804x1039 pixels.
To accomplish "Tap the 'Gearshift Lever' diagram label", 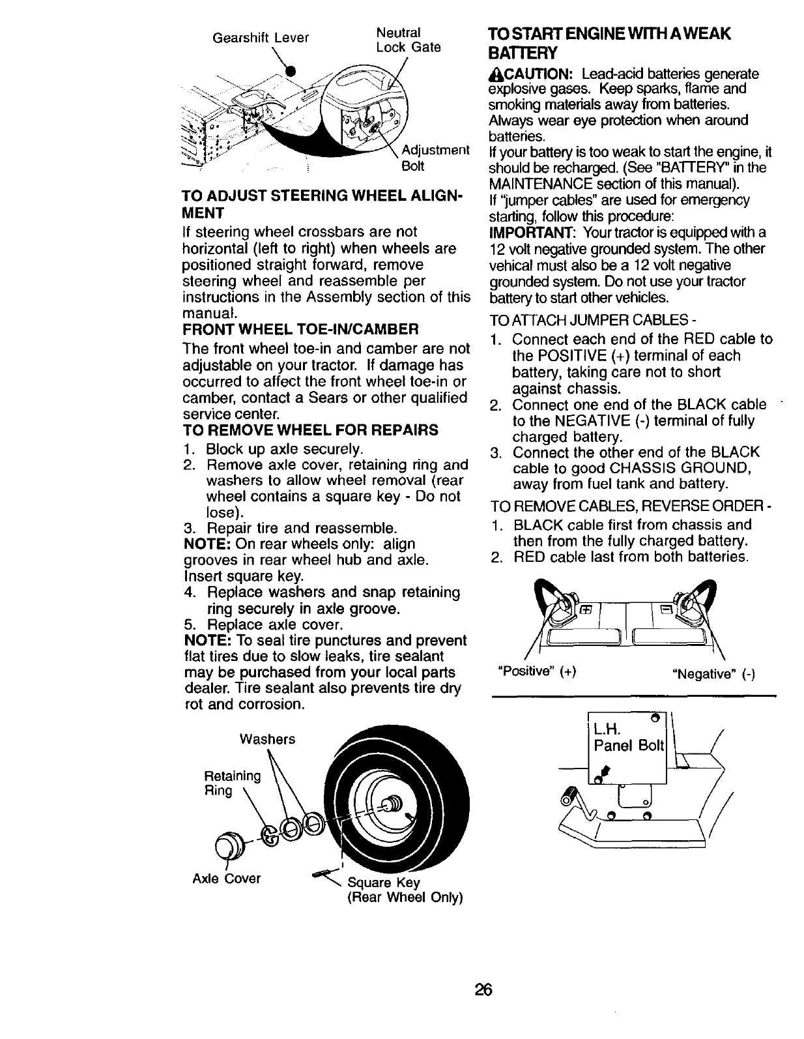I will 261,38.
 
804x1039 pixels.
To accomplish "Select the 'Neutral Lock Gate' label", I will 409,40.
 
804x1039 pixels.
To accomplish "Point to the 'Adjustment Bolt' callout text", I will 435,158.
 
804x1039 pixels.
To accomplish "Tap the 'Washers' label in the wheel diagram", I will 267,739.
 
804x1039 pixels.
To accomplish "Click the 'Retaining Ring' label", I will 232,783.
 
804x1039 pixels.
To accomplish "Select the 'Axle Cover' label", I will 227,878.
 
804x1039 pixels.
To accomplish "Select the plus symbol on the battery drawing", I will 586,610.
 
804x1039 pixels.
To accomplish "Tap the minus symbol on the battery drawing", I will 666,610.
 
